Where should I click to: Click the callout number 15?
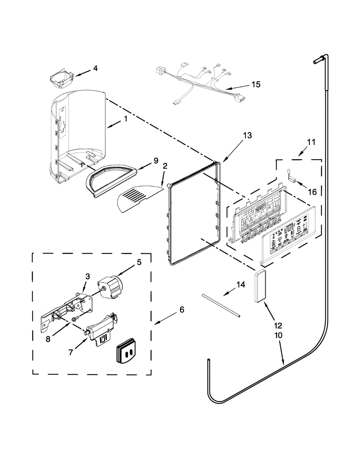tap(256, 84)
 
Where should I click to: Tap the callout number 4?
tap(95, 69)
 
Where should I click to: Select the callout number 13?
tap(247, 136)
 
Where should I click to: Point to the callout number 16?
tap(312, 191)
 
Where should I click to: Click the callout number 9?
tap(157, 160)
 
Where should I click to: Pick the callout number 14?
tap(241, 285)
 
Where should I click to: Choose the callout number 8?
tap(48, 339)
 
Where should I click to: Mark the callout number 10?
tap(279, 335)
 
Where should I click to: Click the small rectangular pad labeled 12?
tap(259, 286)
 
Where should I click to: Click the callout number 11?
tap(311, 142)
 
